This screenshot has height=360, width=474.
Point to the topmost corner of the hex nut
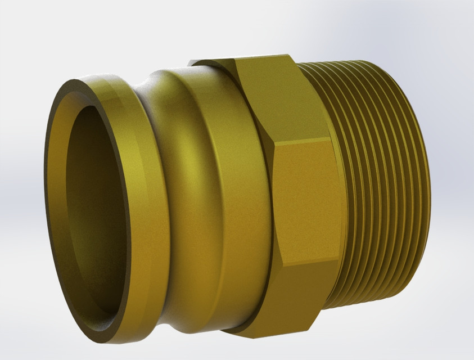236,58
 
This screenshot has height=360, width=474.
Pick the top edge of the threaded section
360,63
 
